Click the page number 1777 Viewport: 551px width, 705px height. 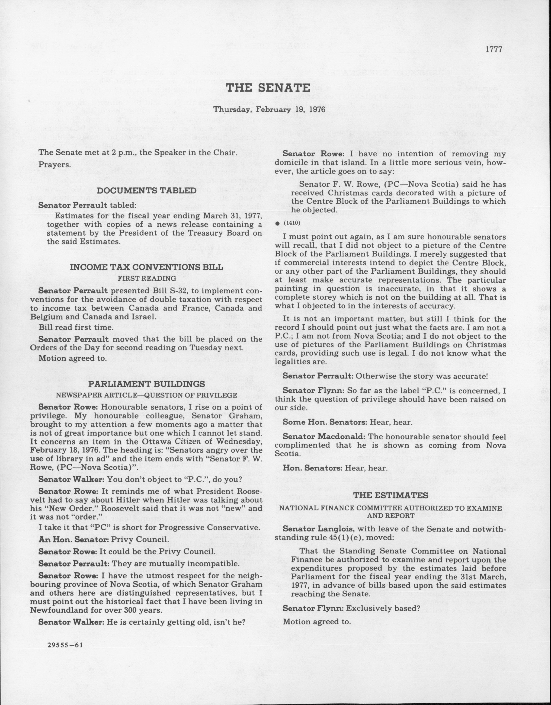point(493,49)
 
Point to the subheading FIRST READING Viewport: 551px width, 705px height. point(147,278)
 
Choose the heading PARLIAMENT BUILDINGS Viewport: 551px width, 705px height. point(147,384)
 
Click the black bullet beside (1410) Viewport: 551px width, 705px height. point(277,223)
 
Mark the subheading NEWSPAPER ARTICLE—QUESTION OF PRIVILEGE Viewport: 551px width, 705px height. point(147,395)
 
